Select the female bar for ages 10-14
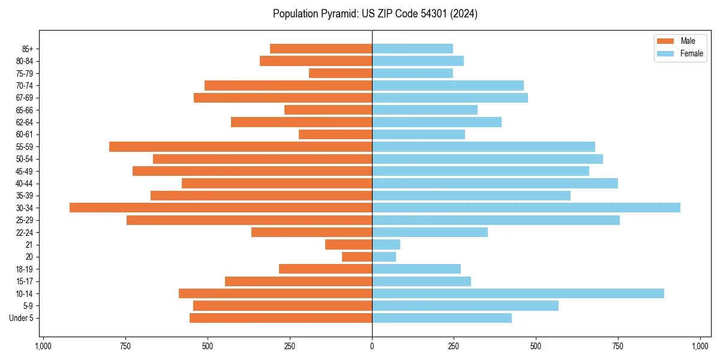pyautogui.click(x=518, y=293)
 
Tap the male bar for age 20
pyautogui.click(x=357, y=257)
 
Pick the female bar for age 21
pyautogui.click(x=386, y=245)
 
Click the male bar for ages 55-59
pyautogui.click(x=241, y=146)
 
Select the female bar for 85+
pyautogui.click(x=412, y=49)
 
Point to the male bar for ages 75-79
pyautogui.click(x=340, y=73)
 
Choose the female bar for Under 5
pyautogui.click(x=442, y=318)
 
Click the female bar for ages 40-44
pyautogui.click(x=495, y=183)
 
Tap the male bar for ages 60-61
pyautogui.click(x=335, y=134)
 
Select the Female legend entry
pyautogui.click(x=680, y=53)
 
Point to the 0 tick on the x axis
pyautogui.click(x=372, y=346)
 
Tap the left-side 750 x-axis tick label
pyautogui.click(x=125, y=346)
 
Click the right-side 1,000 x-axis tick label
pyautogui.click(x=700, y=346)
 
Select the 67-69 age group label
pyautogui.click(x=25, y=98)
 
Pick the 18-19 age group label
pyautogui.click(x=25, y=269)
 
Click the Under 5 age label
pyautogui.click(x=22, y=318)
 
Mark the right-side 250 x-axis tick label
pyautogui.click(x=454, y=346)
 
